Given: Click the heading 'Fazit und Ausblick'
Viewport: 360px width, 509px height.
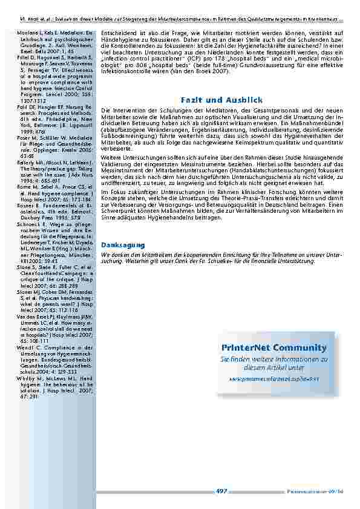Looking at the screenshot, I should [221, 99].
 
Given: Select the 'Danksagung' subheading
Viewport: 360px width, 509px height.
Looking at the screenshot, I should [123, 245].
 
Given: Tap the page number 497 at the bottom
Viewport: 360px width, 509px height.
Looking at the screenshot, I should [221, 491].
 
